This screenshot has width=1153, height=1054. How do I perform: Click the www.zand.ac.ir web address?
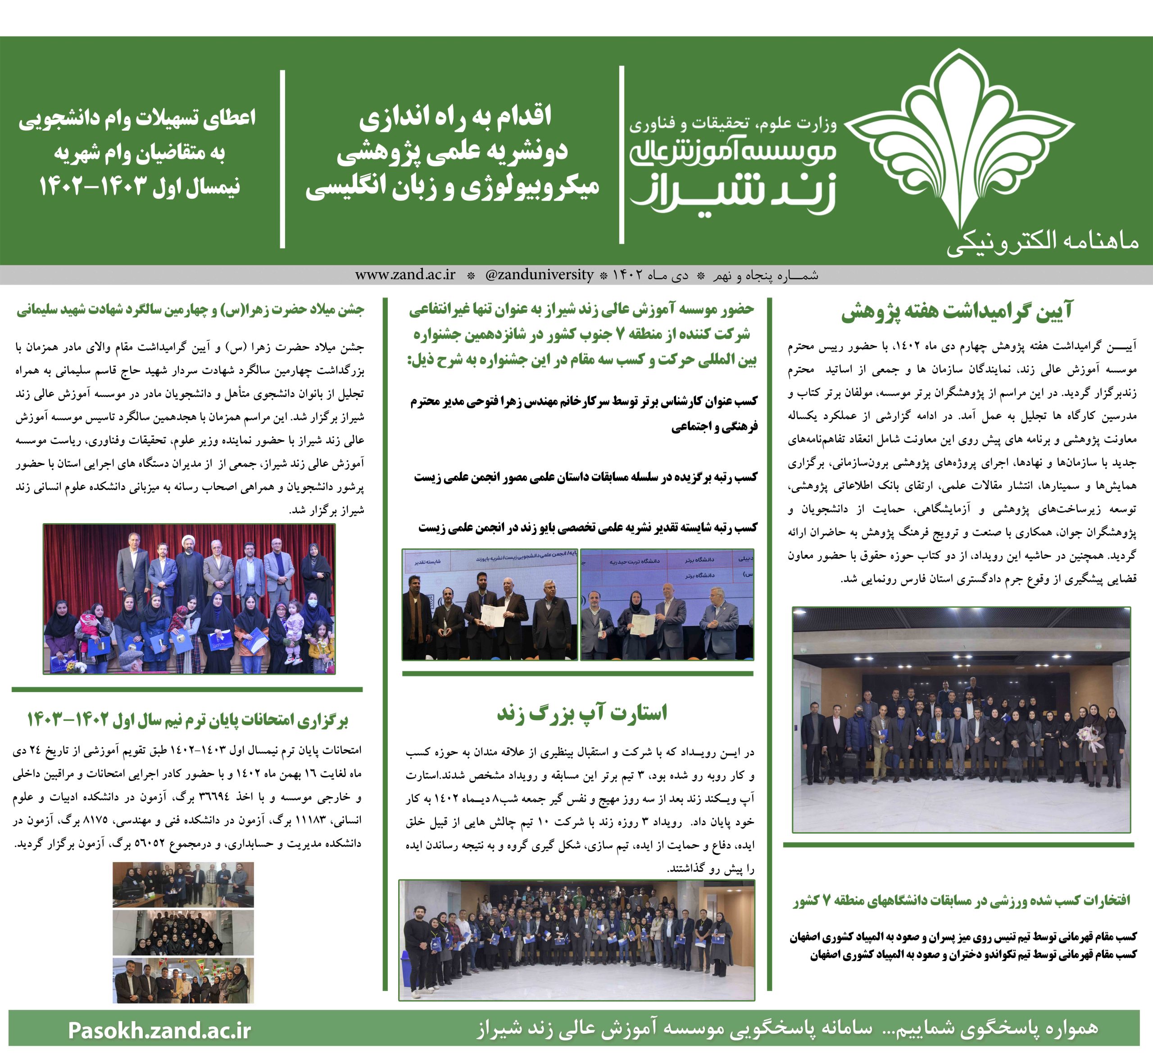click(x=405, y=275)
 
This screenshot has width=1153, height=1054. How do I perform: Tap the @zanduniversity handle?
click(x=539, y=275)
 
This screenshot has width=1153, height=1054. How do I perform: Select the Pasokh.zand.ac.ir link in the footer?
click(x=159, y=1029)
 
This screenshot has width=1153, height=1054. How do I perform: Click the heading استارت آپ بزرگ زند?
click(x=581, y=713)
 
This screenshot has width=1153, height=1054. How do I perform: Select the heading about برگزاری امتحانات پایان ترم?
click(x=187, y=720)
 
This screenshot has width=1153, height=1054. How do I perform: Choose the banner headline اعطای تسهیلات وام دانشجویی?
click(x=137, y=119)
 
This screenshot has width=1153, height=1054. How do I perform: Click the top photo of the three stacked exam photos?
click(x=183, y=884)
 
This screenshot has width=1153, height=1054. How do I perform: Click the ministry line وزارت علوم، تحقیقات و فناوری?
click(x=733, y=123)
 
